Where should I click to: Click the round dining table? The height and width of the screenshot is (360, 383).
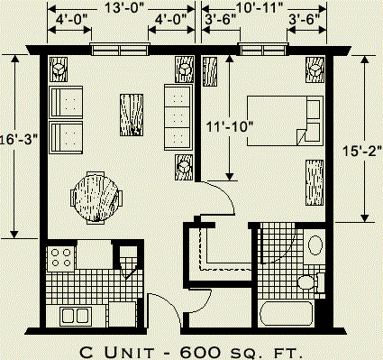[x=95, y=193]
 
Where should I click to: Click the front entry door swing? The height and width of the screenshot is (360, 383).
[x=164, y=311]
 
